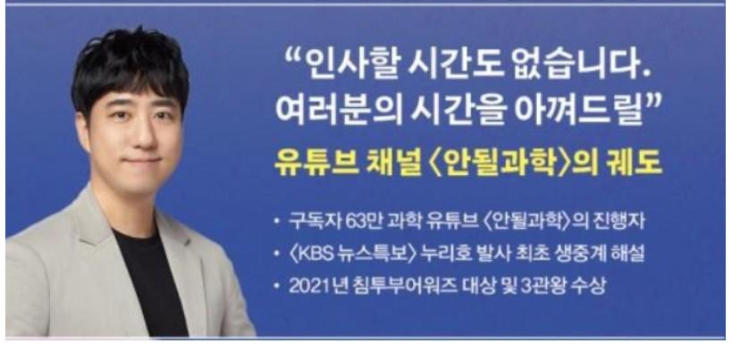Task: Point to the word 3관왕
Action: (x=543, y=287)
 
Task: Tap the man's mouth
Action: (x=142, y=161)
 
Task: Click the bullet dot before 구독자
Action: (x=277, y=222)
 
